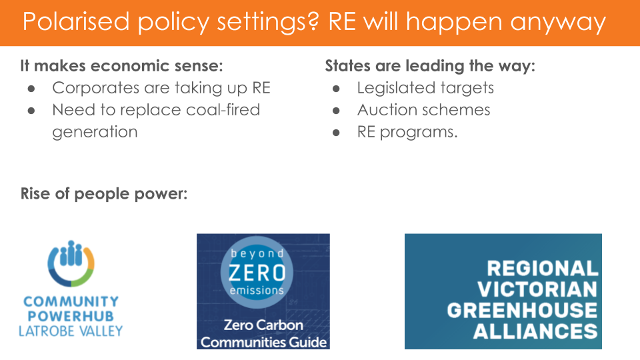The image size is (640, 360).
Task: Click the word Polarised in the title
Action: click(x=76, y=21)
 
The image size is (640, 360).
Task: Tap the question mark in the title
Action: click(x=313, y=21)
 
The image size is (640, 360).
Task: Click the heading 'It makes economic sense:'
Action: click(x=121, y=66)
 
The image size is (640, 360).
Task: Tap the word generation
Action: click(x=95, y=132)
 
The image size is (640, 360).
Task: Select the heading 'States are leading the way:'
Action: click(x=430, y=66)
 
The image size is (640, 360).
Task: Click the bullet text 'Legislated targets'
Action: click(x=425, y=88)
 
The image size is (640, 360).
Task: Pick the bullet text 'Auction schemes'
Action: click(x=424, y=110)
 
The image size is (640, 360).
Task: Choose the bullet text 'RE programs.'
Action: click(x=407, y=132)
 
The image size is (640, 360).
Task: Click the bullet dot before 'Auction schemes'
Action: click(x=336, y=111)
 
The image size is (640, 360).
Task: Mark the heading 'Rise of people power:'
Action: click(x=104, y=194)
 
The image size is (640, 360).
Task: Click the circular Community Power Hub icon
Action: click(x=71, y=263)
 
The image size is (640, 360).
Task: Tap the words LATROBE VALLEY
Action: click(x=71, y=331)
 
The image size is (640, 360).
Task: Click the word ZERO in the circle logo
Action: click(x=257, y=273)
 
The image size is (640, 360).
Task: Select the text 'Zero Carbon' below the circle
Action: click(x=263, y=325)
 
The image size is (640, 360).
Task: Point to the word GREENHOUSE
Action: click(x=522, y=310)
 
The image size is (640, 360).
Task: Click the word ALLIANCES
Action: click(x=535, y=331)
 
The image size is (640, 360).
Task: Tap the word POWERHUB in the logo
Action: click(x=71, y=316)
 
